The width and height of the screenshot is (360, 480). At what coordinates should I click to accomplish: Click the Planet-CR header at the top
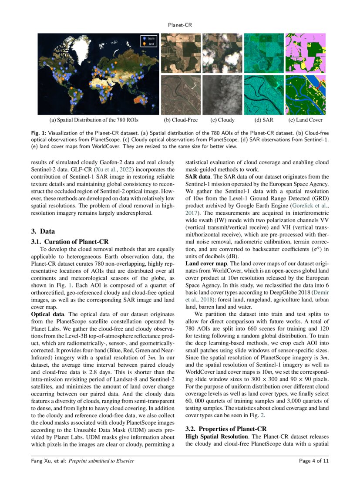[180, 25]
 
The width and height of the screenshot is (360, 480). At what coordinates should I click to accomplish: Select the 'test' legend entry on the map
[151, 44]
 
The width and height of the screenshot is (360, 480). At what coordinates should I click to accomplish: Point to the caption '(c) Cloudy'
[222, 120]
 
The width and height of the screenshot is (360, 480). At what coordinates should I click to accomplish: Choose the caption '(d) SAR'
[264, 120]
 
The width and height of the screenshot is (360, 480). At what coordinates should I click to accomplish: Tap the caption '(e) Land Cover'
[305, 120]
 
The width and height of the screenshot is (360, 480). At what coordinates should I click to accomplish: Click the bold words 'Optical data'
[48, 314]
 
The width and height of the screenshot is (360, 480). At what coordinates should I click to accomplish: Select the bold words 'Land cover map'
[206, 264]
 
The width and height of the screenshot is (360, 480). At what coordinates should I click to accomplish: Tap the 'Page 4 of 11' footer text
[313, 461]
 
